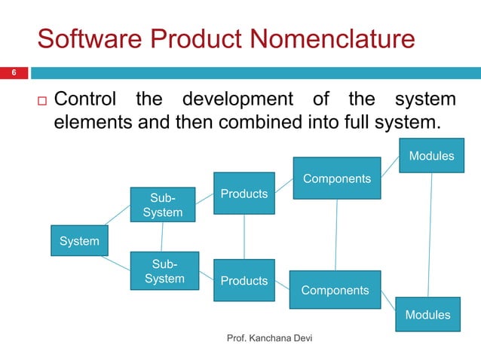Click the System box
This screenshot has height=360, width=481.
click(79, 241)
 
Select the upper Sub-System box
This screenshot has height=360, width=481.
click(162, 205)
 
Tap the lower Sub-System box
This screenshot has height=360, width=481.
click(164, 271)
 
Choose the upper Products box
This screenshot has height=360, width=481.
click(244, 194)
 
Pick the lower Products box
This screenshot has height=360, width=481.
click(244, 280)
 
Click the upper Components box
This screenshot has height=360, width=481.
click(336, 178)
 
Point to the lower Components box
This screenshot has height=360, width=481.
click(335, 290)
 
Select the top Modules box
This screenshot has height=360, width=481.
click(431, 156)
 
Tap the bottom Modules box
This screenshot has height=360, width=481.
click(427, 315)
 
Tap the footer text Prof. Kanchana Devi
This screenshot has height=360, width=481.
click(270, 339)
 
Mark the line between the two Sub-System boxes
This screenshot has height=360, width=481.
click(162, 236)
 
